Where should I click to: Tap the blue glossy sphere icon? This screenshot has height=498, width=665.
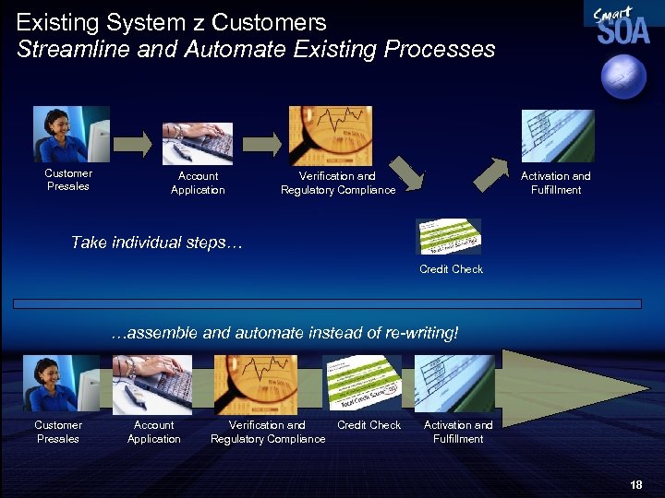(623, 77)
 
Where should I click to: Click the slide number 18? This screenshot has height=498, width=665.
(635, 484)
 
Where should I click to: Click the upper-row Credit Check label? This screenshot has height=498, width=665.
(451, 269)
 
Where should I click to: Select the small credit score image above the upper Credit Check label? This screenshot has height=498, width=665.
(449, 236)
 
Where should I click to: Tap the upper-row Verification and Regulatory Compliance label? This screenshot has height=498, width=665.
(338, 183)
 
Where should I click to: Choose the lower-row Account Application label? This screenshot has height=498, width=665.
(153, 432)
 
